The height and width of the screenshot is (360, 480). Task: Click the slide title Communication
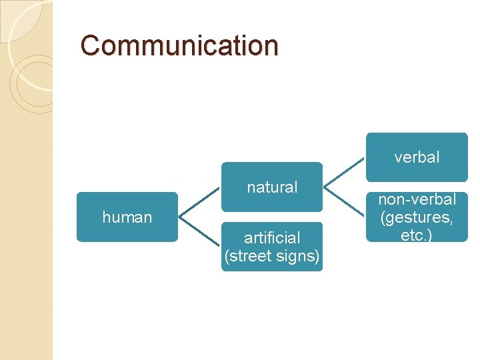pyautogui.click(x=179, y=46)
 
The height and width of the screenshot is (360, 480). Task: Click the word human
pyautogui.click(x=127, y=217)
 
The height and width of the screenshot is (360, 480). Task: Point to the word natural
pyautogui.click(x=272, y=187)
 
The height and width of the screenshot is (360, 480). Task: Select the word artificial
pyautogui.click(x=272, y=237)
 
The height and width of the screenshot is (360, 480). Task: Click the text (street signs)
pyautogui.click(x=272, y=256)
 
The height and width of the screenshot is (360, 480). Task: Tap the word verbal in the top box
pyautogui.click(x=417, y=157)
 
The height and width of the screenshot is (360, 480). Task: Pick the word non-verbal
pyautogui.click(x=417, y=199)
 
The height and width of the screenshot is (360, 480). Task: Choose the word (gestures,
pyautogui.click(x=417, y=217)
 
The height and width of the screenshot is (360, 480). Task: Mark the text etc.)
pyautogui.click(x=417, y=235)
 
